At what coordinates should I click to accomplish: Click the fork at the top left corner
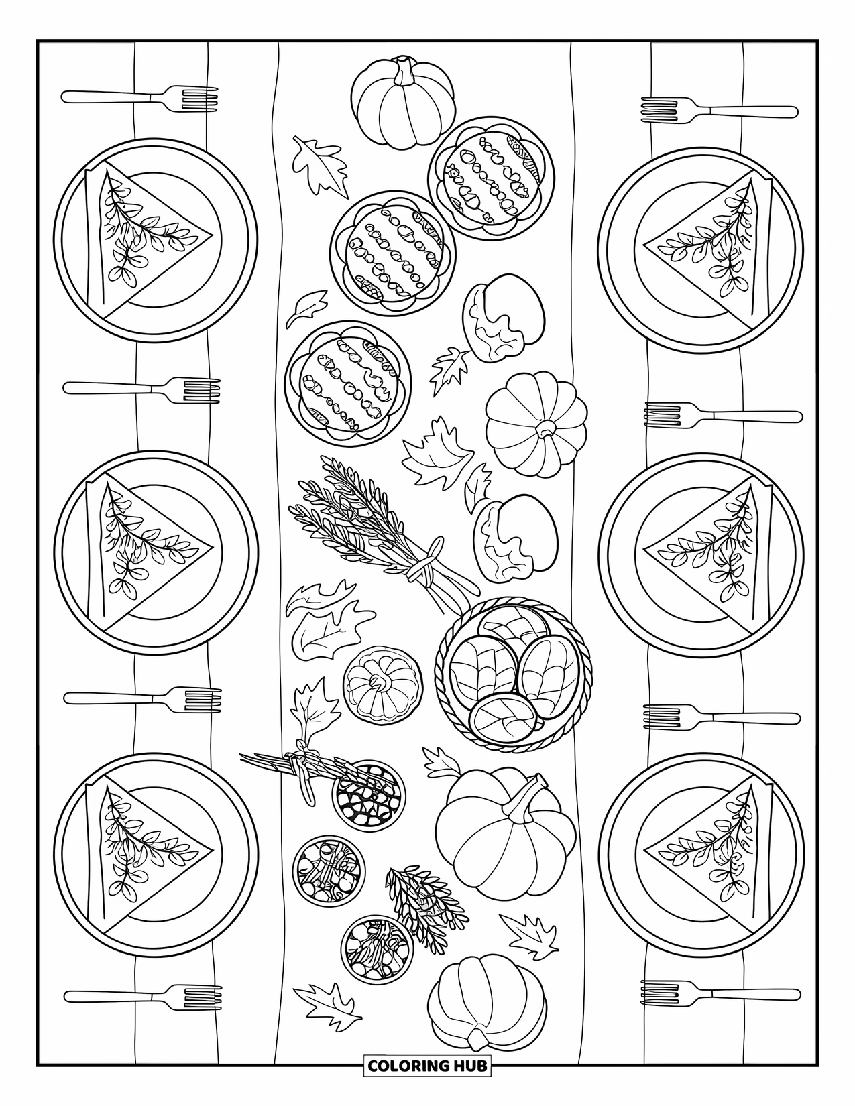pyautogui.click(x=141, y=97)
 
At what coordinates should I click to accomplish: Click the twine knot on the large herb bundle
pyautogui.click(x=420, y=570)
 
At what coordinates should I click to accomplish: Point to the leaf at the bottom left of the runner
pyautogui.click(x=327, y=1007)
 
